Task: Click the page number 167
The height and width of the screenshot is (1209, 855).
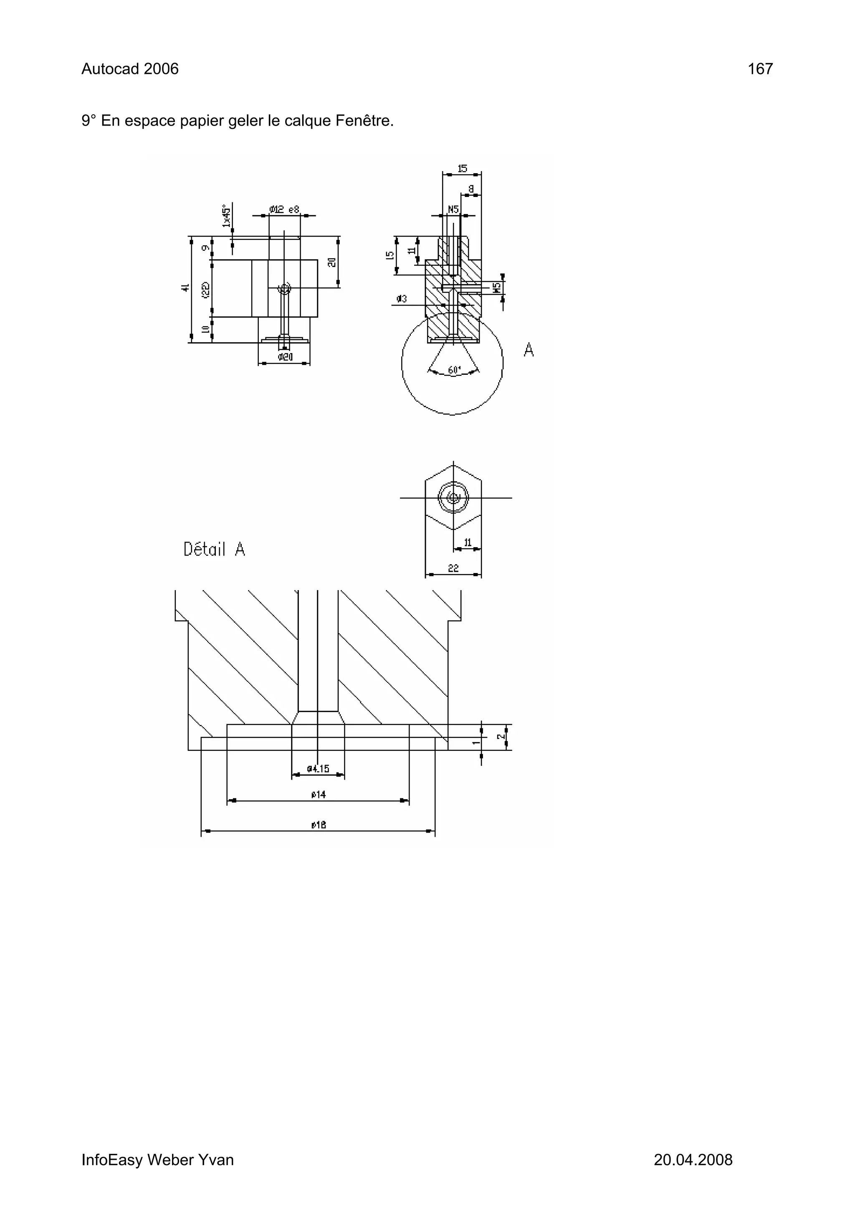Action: point(760,69)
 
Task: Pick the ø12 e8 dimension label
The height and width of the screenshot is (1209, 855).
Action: point(284,209)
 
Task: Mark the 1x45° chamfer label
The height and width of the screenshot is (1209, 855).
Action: point(227,216)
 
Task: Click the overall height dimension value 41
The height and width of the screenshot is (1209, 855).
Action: point(185,288)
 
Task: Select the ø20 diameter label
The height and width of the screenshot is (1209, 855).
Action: point(284,357)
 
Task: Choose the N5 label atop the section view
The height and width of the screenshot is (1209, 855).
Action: point(453,209)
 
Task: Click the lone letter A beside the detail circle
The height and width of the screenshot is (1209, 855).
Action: point(529,350)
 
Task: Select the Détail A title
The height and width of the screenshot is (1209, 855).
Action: point(214,550)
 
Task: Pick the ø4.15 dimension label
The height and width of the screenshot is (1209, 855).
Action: point(318,769)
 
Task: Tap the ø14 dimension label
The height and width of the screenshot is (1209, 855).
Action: point(318,795)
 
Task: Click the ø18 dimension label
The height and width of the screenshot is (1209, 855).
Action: point(318,825)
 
